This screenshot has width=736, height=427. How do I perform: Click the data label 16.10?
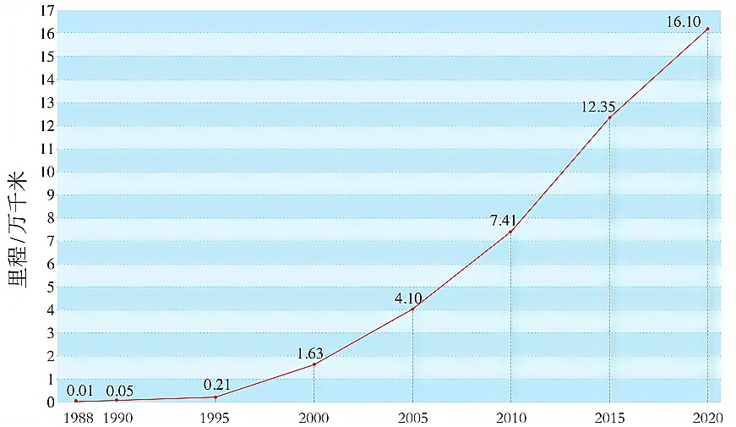tap(684, 22)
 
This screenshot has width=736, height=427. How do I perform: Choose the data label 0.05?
tap(120, 390)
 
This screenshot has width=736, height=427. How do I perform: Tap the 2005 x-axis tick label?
tap(412, 417)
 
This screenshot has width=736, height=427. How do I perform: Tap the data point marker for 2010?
tap(510, 232)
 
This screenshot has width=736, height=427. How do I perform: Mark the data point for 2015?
tap(609, 118)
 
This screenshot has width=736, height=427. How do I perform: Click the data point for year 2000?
tap(314, 364)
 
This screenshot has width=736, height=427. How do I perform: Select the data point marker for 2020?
tap(707, 29)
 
